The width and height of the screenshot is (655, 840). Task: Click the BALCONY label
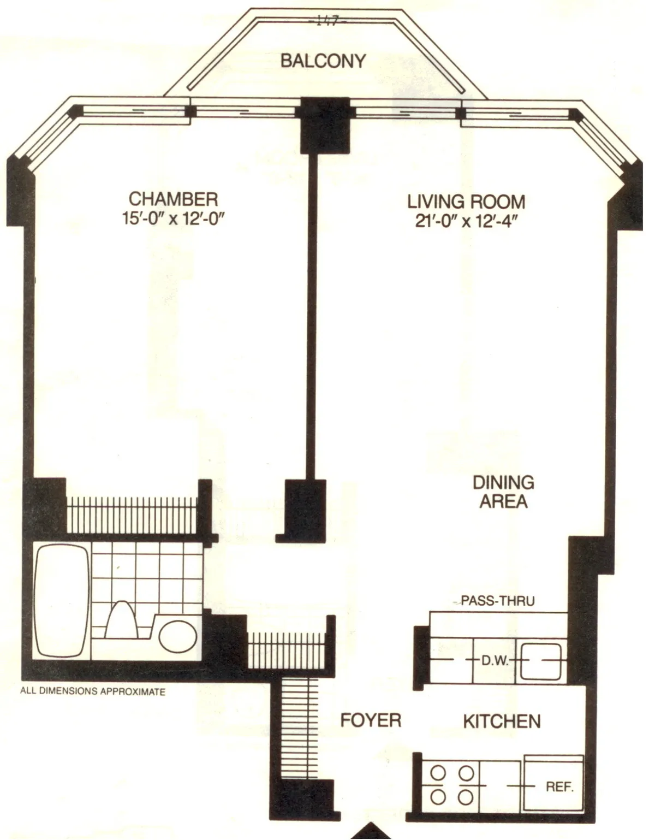pyautogui.click(x=323, y=61)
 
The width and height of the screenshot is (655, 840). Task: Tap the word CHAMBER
pyautogui.click(x=173, y=198)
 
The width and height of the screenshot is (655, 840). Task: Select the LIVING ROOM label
pyautogui.click(x=466, y=202)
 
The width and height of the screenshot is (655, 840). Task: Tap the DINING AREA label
pyautogui.click(x=503, y=492)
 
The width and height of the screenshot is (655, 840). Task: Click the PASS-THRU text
pyautogui.click(x=497, y=601)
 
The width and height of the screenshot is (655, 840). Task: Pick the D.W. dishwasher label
pyautogui.click(x=495, y=661)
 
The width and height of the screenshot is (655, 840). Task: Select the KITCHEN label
pyautogui.click(x=502, y=721)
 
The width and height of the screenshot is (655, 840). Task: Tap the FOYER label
pyautogui.click(x=371, y=720)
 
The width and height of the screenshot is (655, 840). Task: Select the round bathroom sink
pyautogui.click(x=178, y=635)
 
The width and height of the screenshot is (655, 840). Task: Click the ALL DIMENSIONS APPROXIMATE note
pyautogui.click(x=93, y=691)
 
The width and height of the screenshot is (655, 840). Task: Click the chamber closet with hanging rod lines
pyautogui.click(x=131, y=514)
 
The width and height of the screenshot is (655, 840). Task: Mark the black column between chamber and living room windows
pyautogui.click(x=325, y=126)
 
